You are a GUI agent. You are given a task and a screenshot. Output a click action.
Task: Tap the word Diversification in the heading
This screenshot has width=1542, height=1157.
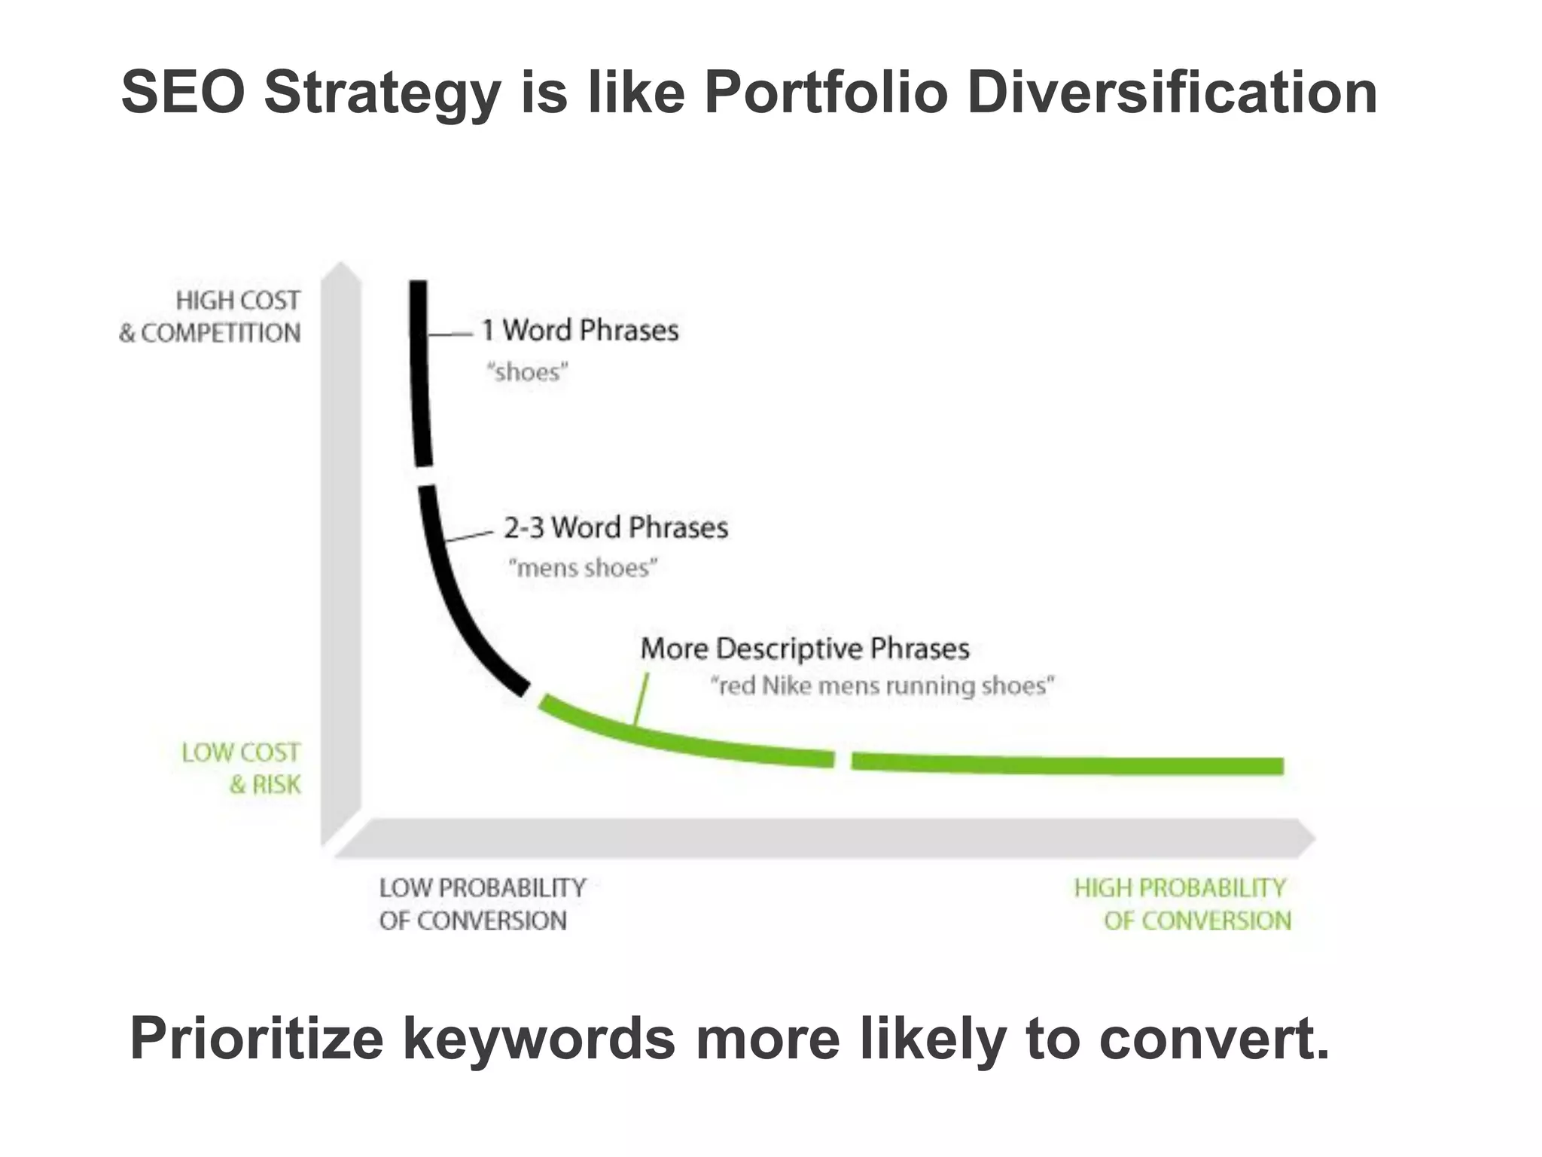click(x=1172, y=93)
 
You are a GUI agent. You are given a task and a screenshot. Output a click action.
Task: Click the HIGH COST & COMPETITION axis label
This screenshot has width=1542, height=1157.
click(x=210, y=316)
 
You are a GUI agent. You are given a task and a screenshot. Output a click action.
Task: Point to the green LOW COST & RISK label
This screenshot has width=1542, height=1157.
click(x=241, y=768)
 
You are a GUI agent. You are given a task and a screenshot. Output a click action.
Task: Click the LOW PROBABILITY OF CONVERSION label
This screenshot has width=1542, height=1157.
click(x=482, y=904)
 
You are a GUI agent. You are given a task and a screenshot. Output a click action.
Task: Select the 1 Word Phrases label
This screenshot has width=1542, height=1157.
click(x=580, y=330)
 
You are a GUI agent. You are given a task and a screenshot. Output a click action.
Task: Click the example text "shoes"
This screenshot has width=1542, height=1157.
click(x=527, y=372)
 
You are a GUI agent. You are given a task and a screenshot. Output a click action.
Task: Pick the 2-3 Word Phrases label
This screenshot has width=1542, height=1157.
click(x=616, y=527)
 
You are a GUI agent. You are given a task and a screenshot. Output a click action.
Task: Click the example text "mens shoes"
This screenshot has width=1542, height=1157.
click(x=583, y=567)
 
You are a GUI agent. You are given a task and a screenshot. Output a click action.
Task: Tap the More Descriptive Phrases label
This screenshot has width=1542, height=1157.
click(x=804, y=649)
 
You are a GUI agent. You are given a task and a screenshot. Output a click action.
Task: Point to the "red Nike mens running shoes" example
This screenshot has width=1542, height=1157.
click(x=882, y=685)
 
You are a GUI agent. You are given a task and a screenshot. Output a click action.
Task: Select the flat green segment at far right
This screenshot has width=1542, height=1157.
click(x=1068, y=764)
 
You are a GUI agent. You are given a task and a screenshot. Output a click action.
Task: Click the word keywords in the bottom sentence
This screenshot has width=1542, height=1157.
click(x=538, y=1038)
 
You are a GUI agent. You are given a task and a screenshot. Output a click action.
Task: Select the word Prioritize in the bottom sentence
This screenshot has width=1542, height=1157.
click(x=257, y=1038)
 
